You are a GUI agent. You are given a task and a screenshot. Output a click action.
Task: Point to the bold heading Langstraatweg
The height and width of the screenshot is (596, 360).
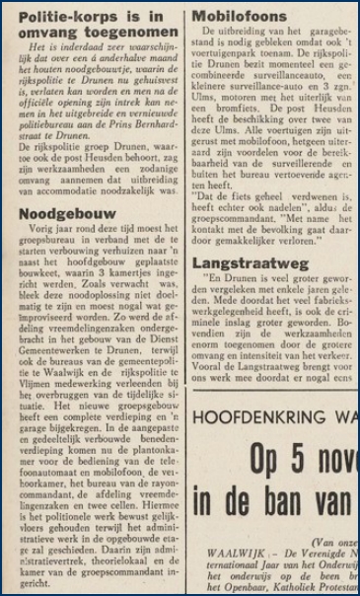click(x=252, y=263)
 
